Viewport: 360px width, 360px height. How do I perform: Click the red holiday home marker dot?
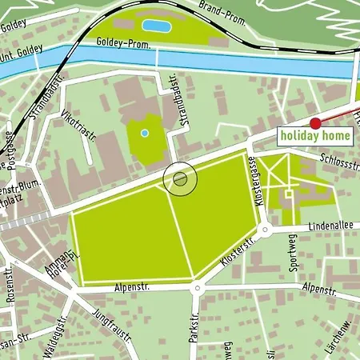pyautogui.click(x=315, y=123)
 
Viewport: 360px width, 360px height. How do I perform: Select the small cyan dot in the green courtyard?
pyautogui.click(x=144, y=133)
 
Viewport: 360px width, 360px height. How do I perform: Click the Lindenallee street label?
pyautogui.click(x=329, y=226)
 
